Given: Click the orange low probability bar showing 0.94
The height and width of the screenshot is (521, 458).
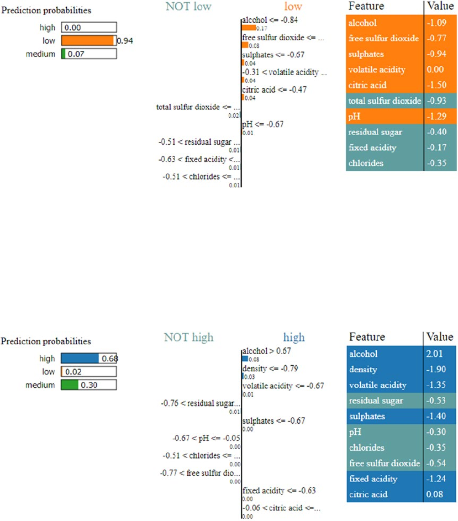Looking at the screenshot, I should tap(87, 40).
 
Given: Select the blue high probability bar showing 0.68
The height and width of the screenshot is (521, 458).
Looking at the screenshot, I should tap(80, 358).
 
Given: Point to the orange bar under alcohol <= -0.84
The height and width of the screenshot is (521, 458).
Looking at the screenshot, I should tap(249, 28).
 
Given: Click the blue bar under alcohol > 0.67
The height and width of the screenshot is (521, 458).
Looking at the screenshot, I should tap(245, 359).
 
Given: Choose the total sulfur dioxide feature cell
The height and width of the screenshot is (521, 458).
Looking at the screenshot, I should tap(385, 101).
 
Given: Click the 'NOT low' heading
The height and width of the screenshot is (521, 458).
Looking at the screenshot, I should tap(188, 7).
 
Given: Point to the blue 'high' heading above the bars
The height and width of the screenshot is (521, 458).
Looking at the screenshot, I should tap(293, 337).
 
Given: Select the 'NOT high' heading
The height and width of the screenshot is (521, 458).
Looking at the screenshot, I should tap(188, 337).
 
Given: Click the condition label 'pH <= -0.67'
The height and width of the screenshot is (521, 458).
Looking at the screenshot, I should tap(262, 124).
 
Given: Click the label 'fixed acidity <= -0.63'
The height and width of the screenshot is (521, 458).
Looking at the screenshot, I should tap(271, 491).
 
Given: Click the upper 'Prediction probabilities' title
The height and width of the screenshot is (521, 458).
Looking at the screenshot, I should tap(46, 10).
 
